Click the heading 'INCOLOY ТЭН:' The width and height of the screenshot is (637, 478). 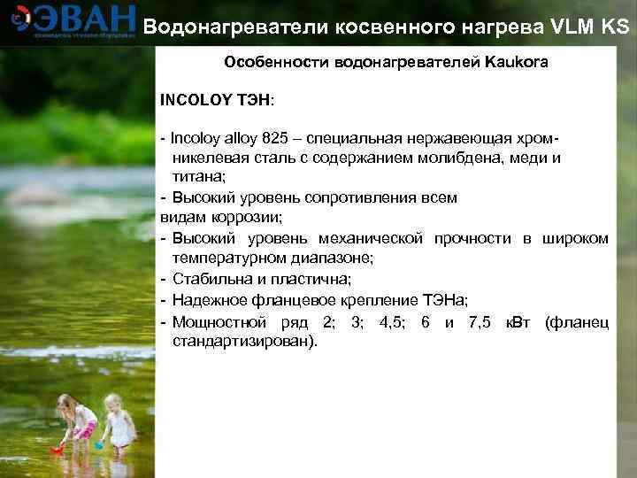(x=217, y=98)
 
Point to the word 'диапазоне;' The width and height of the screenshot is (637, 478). (x=331, y=258)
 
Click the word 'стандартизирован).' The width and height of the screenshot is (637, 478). (x=244, y=341)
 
